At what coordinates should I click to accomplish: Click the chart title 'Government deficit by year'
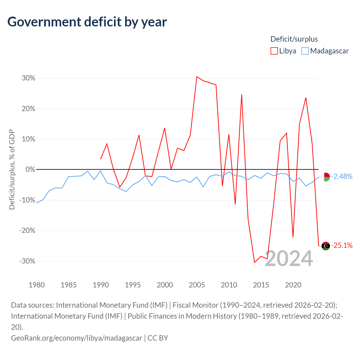pos(87,22)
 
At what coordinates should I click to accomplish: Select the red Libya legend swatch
pos(274,51)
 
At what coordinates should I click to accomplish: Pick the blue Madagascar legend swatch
pos(305,51)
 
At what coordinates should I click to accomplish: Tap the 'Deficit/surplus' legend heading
pos(294,39)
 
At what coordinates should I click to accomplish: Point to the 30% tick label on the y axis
pos(28,78)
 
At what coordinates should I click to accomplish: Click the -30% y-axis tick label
pos(27,261)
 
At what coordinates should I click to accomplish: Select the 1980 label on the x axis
pos(37,285)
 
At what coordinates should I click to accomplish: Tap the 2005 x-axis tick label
pos(197,285)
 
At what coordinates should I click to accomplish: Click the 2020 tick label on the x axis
pos(293,285)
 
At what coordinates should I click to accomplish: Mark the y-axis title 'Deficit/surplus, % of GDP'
pos(12,169)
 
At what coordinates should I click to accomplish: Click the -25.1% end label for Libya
pos(342,245)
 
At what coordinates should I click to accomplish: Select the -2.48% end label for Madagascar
pos(342,176)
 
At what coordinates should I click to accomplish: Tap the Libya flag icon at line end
pos(326,246)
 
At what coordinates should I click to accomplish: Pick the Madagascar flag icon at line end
pos(326,177)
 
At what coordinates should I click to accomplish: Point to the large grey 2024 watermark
pos(289,258)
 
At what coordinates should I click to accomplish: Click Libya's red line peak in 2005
pos(197,76)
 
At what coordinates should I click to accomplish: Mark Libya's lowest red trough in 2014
pos(255,262)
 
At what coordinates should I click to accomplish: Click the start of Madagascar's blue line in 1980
pos(37,203)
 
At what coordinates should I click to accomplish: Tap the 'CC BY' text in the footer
pos(158,338)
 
